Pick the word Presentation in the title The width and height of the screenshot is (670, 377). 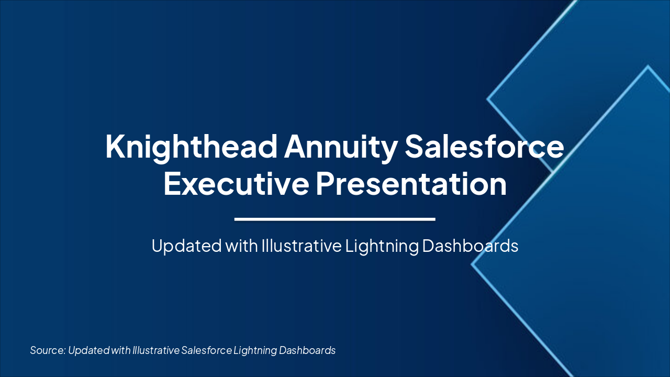pos(411,184)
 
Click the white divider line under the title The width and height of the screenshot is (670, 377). pos(335,219)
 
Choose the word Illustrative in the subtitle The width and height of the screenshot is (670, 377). pos(301,246)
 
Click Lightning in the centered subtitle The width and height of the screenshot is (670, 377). pos(382,246)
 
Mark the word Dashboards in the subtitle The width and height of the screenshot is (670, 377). pos(470,246)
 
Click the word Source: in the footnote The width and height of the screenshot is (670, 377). pos(47,350)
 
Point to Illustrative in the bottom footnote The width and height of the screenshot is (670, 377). pos(155,350)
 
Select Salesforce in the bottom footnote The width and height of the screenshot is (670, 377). pos(206,350)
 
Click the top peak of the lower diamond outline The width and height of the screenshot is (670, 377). pos(648,66)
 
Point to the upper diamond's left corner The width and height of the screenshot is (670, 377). pos(488,98)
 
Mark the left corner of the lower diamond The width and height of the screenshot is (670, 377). pos(472,264)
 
